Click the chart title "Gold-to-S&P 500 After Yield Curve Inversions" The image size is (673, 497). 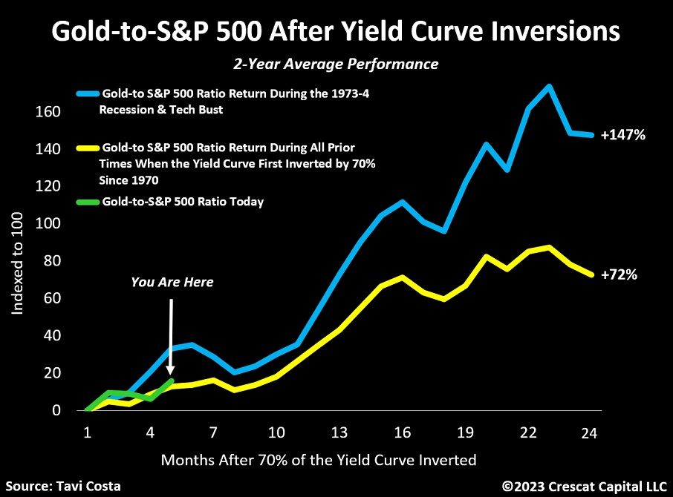point(336,32)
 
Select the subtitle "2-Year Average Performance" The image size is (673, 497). point(336,65)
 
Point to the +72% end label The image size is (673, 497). point(619,274)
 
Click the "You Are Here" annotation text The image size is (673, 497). point(172,282)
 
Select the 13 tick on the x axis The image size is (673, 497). point(339,432)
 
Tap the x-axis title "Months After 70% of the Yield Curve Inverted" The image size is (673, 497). point(318,461)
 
